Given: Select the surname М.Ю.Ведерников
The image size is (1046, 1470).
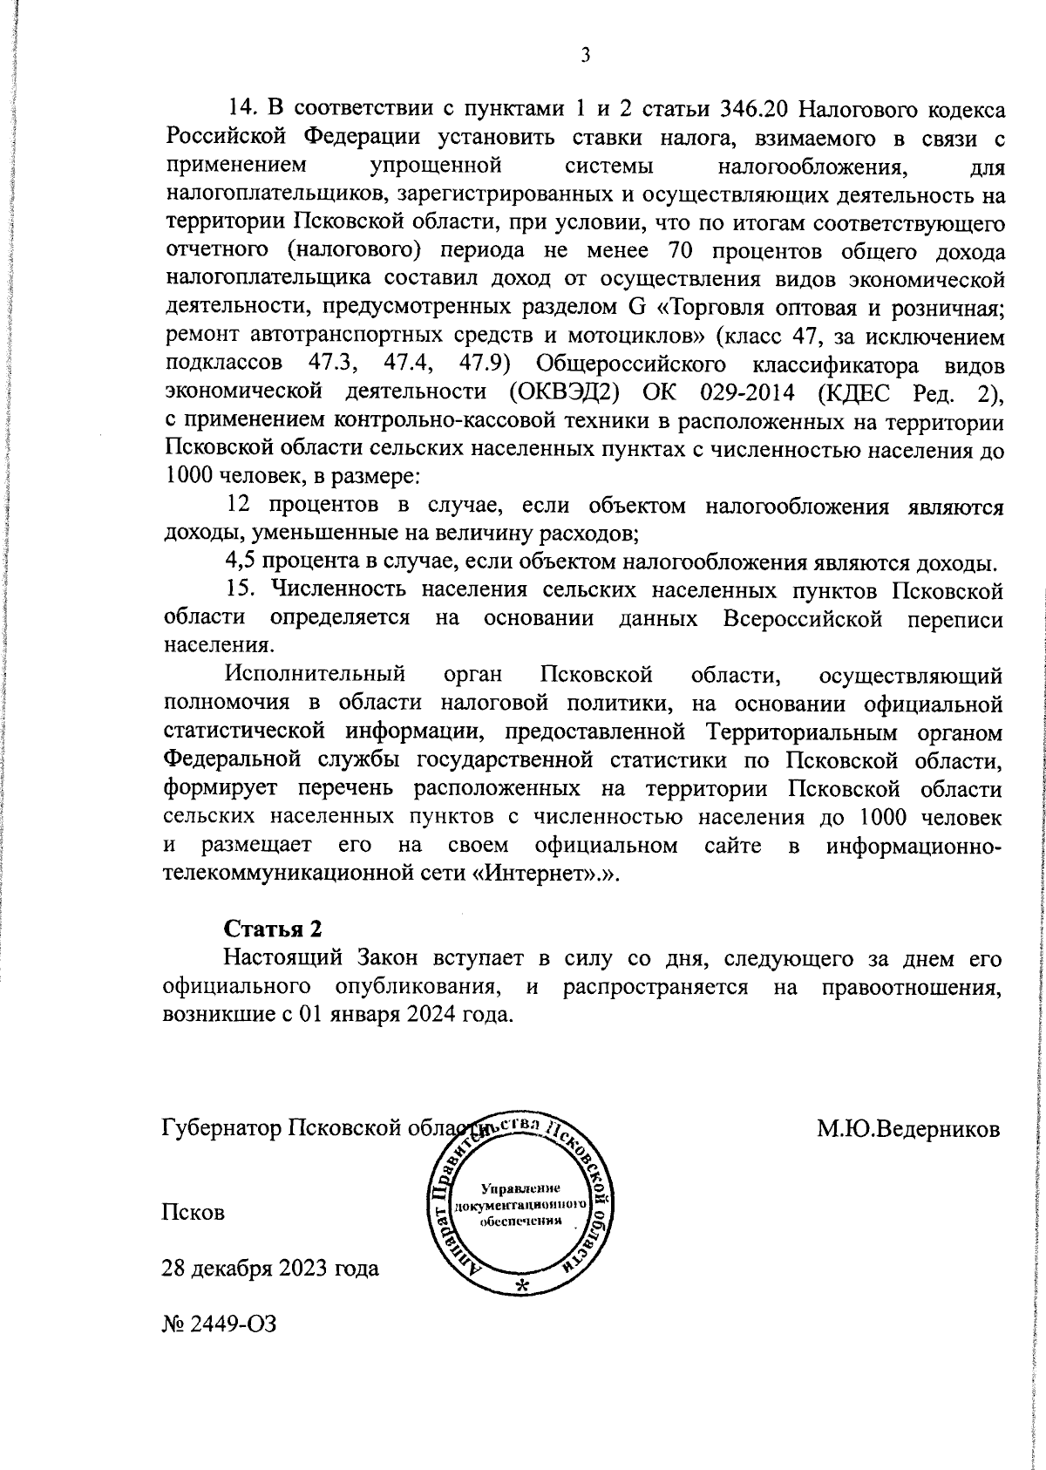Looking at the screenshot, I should point(908,1129).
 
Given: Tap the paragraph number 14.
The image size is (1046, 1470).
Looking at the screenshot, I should point(241,110).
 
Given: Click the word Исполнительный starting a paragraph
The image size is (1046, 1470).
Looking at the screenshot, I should point(316,674).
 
